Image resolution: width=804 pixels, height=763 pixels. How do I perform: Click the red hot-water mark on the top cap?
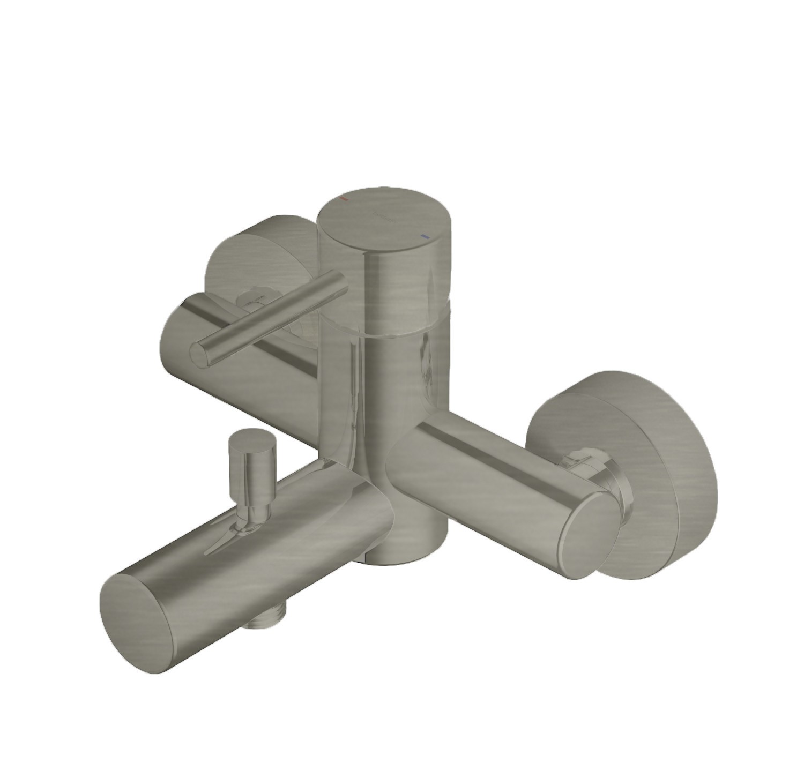[345, 199]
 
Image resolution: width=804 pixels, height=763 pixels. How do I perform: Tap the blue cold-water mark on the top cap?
[425, 236]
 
